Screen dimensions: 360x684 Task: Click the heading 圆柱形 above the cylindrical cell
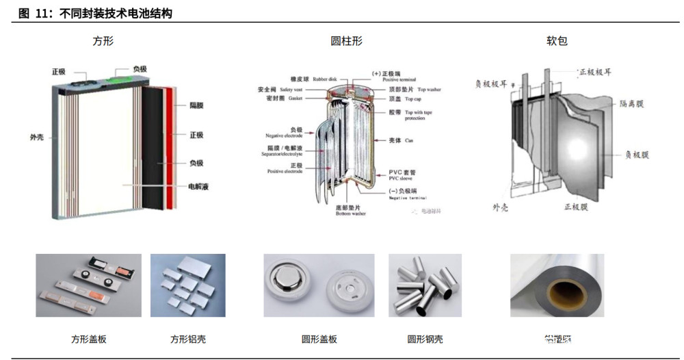(346, 41)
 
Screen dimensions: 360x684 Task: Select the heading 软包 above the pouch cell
(556, 41)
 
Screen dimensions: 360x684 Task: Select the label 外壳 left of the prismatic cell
(37, 137)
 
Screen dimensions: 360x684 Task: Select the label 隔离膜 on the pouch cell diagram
(631, 103)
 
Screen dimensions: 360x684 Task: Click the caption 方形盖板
(88, 339)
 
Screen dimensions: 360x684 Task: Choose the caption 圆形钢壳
(425, 339)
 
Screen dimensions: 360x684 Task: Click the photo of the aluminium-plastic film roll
(557, 285)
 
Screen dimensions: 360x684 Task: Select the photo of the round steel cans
(425, 285)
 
